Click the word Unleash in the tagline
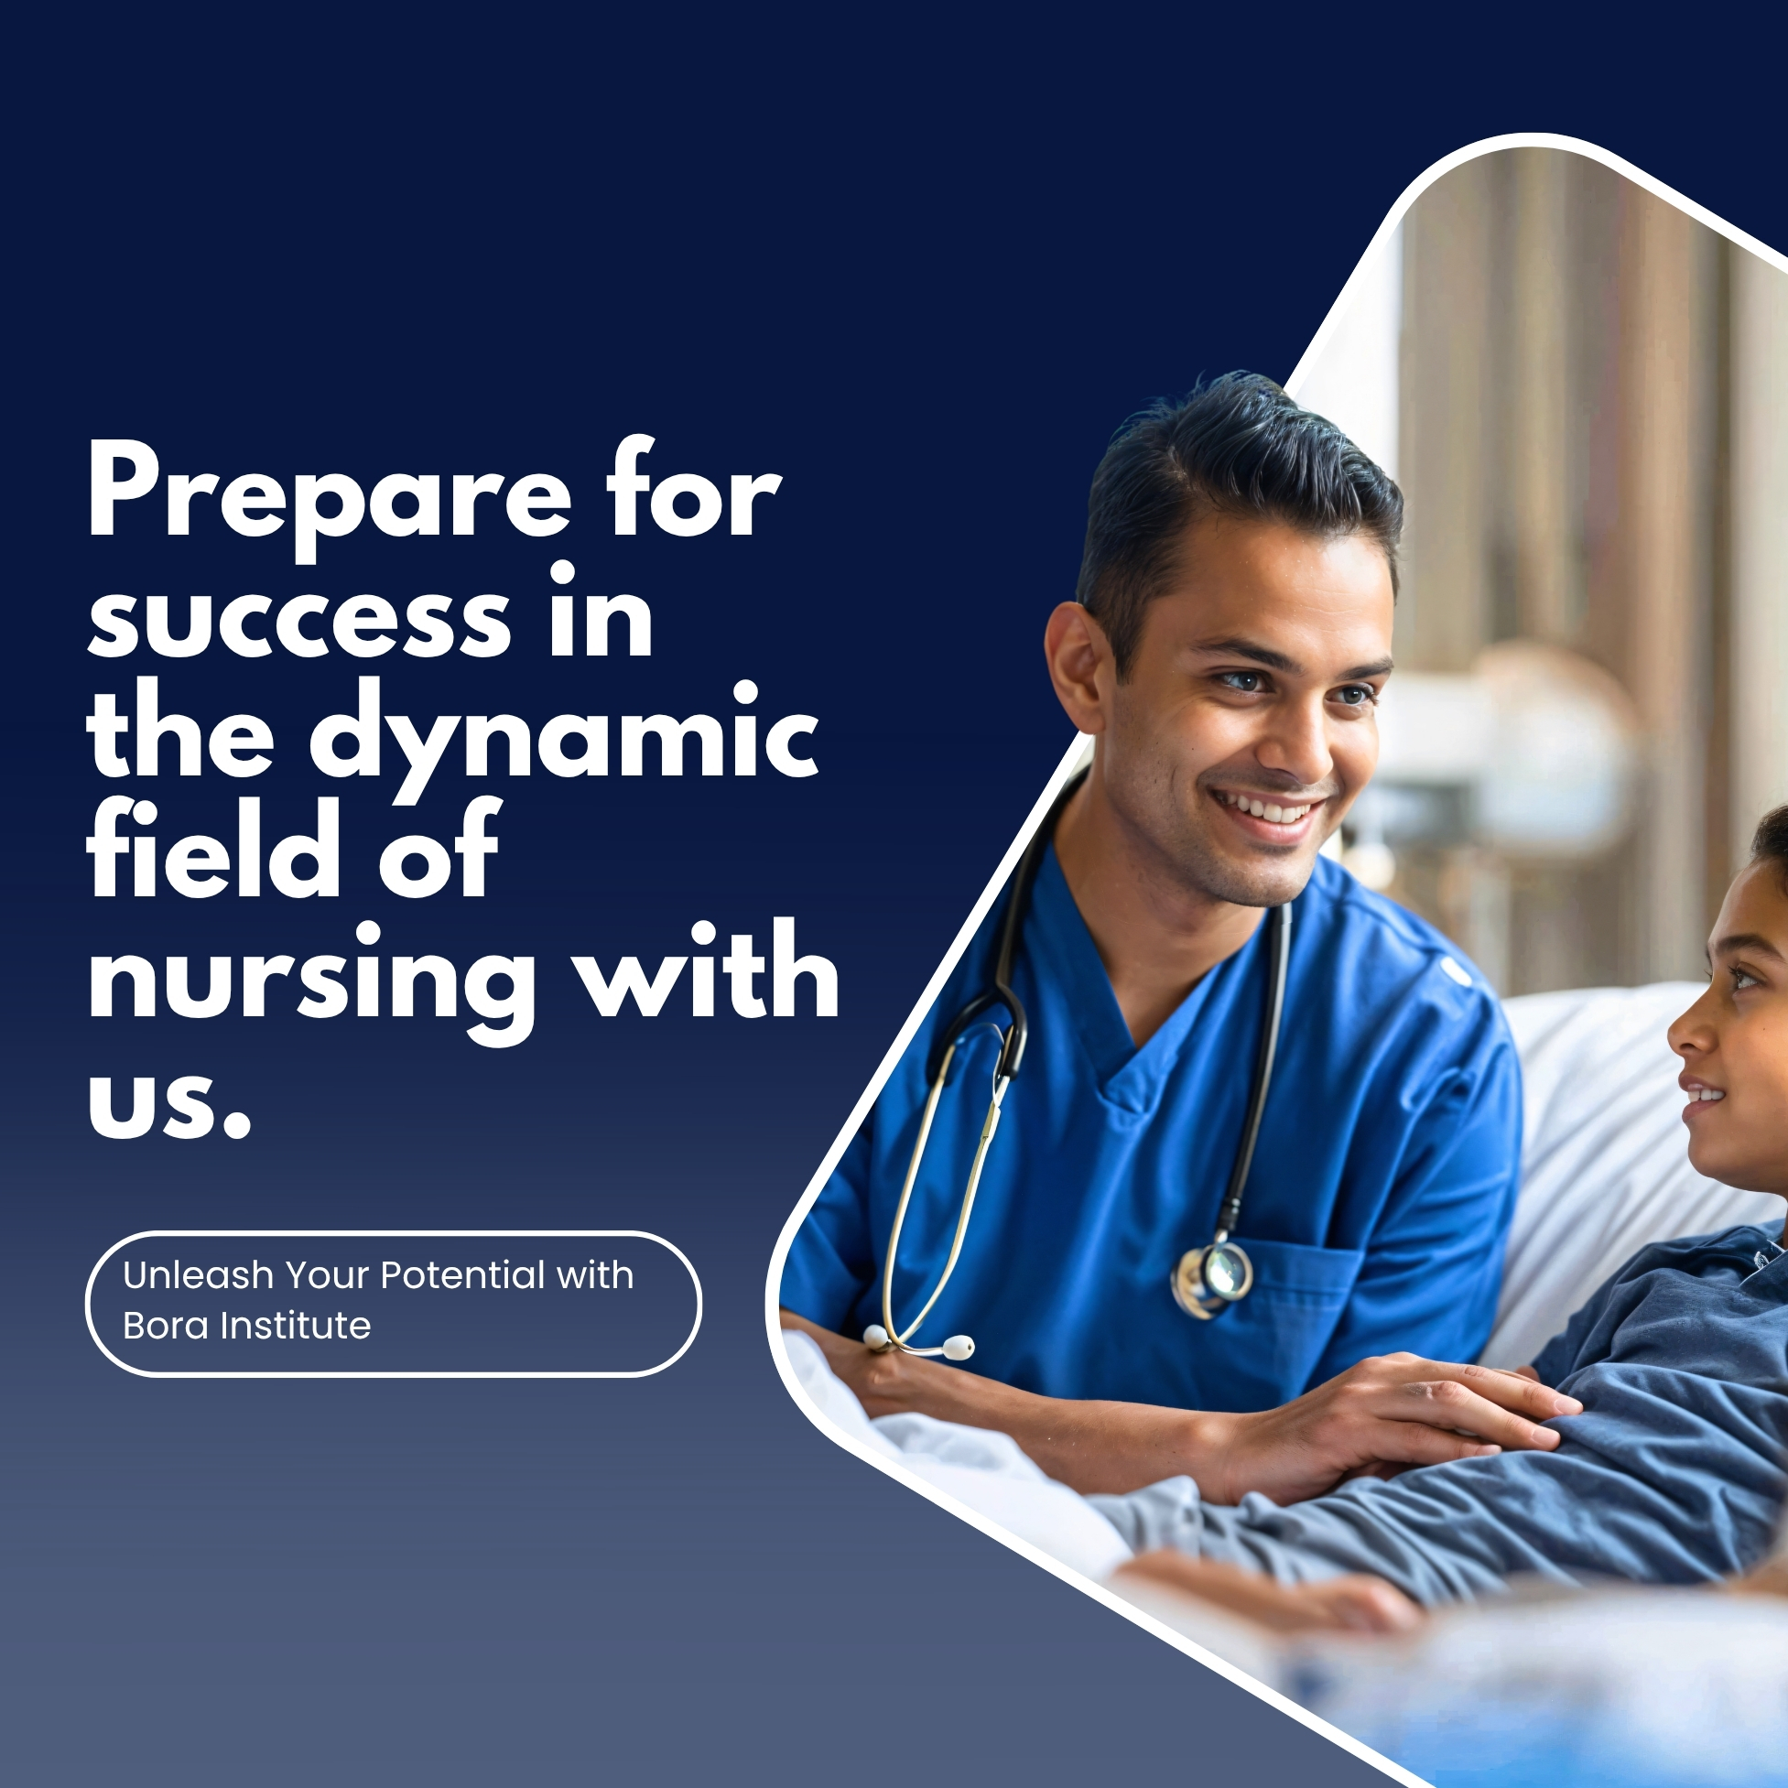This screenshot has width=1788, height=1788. pyautogui.click(x=198, y=1275)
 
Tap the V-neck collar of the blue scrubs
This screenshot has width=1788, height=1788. pyautogui.click(x=1124, y=1036)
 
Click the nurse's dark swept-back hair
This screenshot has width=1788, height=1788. pyautogui.click(x=1221, y=462)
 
